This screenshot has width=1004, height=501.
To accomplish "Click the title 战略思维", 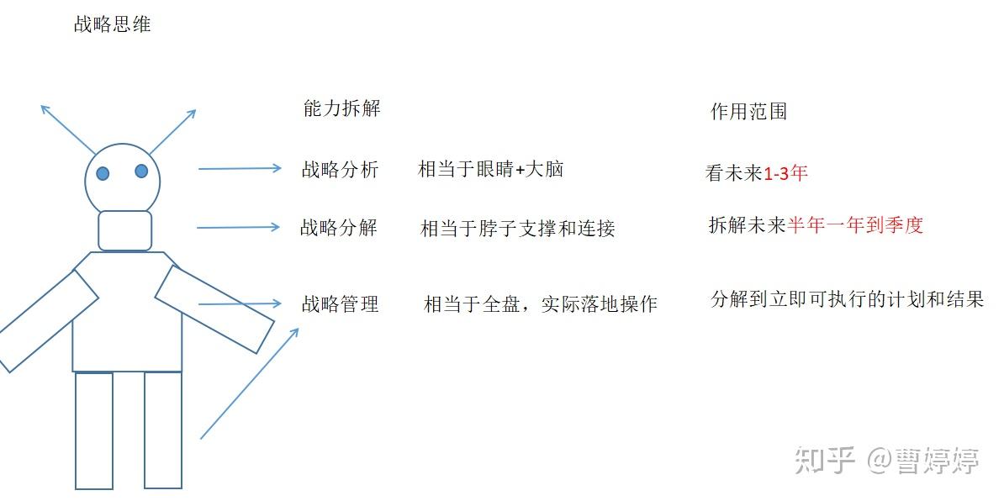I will (x=112, y=25).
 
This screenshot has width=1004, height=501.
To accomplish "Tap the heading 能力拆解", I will (x=341, y=108).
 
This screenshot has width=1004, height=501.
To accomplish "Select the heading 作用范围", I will (x=748, y=112).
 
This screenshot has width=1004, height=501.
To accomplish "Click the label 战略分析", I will (x=340, y=170).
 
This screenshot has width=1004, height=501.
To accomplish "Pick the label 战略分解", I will (x=339, y=228).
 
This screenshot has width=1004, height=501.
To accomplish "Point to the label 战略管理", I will (x=340, y=304).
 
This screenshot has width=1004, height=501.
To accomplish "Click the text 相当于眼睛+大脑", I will (x=490, y=170).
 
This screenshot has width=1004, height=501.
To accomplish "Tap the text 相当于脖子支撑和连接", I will (x=517, y=229).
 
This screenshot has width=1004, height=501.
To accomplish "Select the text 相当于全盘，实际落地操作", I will (x=540, y=304).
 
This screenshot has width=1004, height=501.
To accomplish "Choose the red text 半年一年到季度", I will (x=855, y=225).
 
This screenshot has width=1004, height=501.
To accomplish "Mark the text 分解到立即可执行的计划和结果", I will (x=847, y=300).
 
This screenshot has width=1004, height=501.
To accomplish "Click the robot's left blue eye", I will (x=103, y=174).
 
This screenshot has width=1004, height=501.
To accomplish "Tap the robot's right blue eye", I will (x=141, y=171).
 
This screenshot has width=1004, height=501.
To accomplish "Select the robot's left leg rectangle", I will (x=94, y=430).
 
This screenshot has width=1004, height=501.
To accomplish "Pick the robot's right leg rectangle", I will (x=163, y=430).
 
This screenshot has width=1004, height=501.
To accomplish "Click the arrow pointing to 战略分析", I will (x=240, y=169).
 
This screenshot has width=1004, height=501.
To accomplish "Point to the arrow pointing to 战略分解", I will (x=238, y=227).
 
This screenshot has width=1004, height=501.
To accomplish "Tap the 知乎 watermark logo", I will (x=824, y=460).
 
